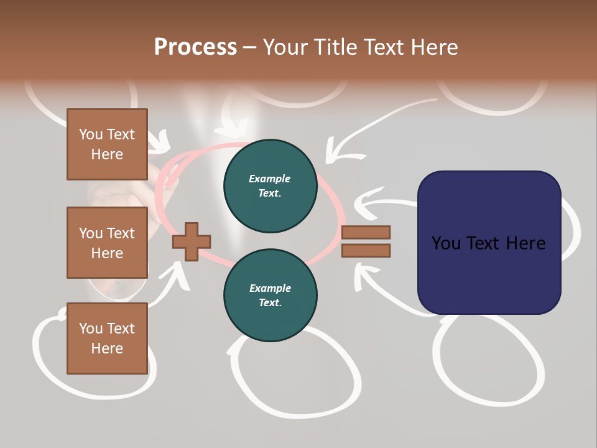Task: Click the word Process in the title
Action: (195, 47)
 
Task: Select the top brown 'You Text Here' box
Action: (107, 144)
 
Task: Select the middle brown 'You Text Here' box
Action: (107, 243)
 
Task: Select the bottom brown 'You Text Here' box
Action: (107, 338)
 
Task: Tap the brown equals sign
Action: (366, 241)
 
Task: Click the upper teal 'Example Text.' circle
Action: (270, 186)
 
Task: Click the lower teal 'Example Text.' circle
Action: (270, 295)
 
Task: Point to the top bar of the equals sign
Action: (366, 232)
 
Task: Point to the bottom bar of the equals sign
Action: (366, 251)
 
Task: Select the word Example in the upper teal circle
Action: (270, 179)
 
